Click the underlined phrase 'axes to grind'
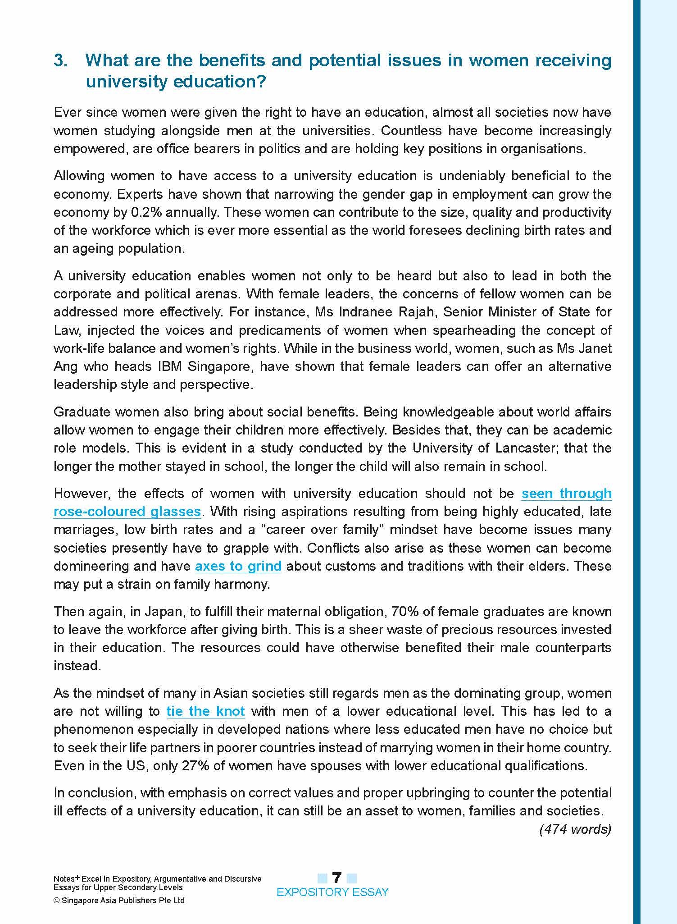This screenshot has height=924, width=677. point(238,566)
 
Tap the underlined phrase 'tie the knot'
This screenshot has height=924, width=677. point(205,711)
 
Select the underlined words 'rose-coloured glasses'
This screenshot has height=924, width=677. point(127,512)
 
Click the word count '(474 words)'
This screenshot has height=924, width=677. point(575,829)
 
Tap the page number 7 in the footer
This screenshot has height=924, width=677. point(336,878)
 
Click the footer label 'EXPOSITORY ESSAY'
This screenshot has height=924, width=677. point(332,892)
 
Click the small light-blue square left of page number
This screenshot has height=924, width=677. point(323,878)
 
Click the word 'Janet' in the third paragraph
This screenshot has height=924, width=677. point(596,348)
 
